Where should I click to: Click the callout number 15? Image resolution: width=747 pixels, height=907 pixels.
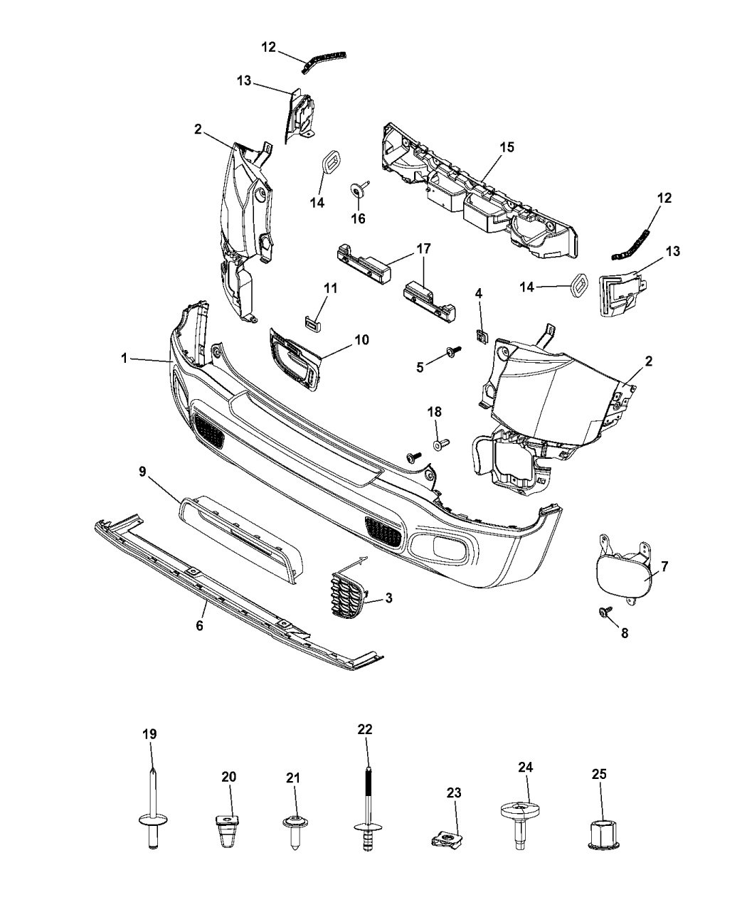pos(507,147)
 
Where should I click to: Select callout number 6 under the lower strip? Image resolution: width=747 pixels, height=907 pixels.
pos(200,626)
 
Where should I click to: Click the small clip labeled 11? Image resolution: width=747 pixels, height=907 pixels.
pos(310,324)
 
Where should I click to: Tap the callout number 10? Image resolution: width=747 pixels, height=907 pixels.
pos(361,340)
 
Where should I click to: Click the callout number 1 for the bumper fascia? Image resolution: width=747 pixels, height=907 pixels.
pos(124,359)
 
